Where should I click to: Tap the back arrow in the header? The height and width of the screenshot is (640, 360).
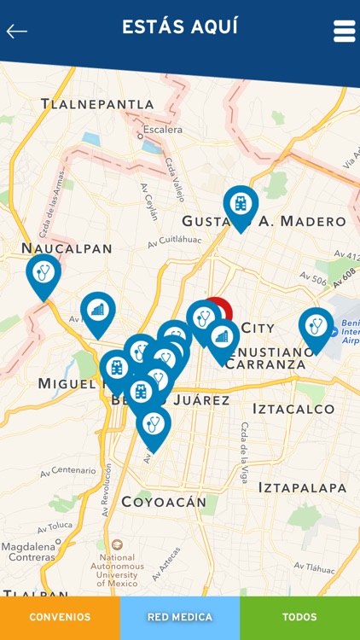[x=17, y=32]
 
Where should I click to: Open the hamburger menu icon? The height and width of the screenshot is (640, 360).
[x=344, y=31]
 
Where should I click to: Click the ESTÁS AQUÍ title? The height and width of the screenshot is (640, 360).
[x=180, y=26]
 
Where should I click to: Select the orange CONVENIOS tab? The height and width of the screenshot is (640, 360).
[x=60, y=617]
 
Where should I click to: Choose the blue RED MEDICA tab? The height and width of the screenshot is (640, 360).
[x=180, y=617]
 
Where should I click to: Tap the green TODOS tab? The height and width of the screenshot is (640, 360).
[x=299, y=617]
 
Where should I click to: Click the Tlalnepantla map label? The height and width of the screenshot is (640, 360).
[x=98, y=104]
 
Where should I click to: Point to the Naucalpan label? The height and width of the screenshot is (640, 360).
[x=67, y=248]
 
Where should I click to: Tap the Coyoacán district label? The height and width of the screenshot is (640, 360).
[x=164, y=502]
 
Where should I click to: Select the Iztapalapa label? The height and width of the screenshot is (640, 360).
[x=303, y=488]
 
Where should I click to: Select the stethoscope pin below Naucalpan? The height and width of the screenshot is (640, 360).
[x=44, y=274]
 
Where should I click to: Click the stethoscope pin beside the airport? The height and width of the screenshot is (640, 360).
[x=316, y=327]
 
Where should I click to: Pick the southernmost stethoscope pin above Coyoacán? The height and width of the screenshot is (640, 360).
[x=154, y=425]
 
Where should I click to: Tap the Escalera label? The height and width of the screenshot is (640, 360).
[x=162, y=130]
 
